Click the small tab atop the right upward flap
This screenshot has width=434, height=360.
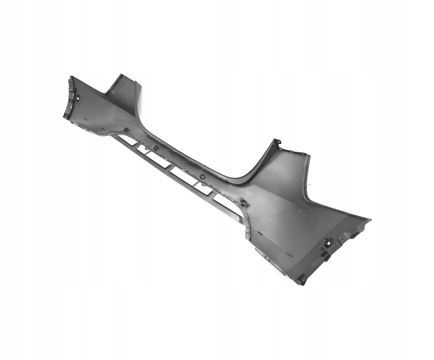(277, 141)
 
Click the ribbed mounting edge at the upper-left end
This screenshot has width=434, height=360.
(69, 98)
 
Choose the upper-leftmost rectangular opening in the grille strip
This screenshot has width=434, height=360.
(127, 140)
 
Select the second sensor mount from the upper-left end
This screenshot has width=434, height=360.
(126, 130)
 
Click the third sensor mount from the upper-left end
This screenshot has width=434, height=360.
(156, 148)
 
